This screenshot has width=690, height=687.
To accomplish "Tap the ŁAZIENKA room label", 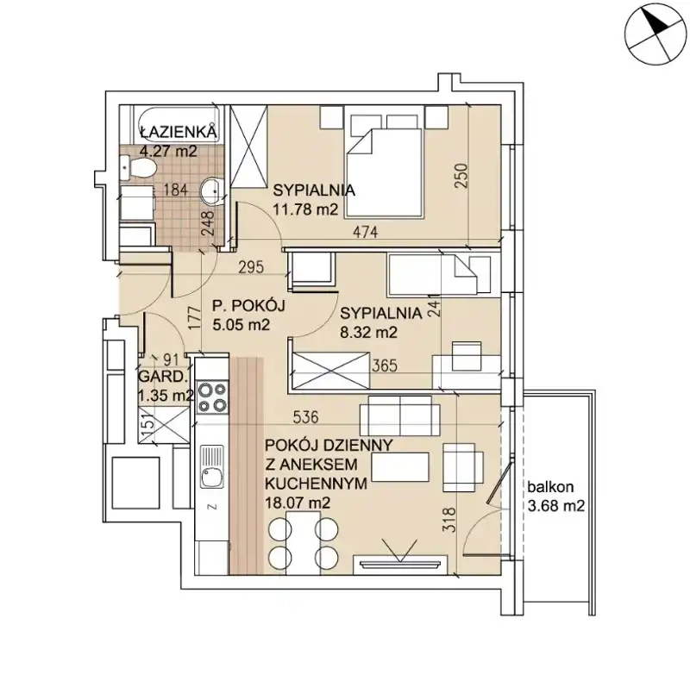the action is coord(179,132).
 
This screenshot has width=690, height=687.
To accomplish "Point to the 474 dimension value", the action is coord(366,232).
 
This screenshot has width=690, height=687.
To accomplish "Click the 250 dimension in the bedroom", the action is coord(461,176).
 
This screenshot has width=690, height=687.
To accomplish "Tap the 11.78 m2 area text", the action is coord(305,209).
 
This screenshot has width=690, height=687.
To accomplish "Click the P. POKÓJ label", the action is coord(248,305).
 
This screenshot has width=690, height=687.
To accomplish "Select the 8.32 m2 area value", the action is coord(369,332).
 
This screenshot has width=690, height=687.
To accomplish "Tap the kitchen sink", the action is coord(211,466).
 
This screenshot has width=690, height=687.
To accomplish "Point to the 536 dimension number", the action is coord(306,417).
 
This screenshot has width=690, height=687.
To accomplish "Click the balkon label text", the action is coord(550,487).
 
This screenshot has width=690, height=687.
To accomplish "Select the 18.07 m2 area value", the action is coord(298,503).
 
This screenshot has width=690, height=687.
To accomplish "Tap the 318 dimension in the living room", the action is coord(450,521).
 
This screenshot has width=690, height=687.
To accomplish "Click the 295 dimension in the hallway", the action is coord(251,266).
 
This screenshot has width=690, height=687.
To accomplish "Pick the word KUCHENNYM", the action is coord(316,484).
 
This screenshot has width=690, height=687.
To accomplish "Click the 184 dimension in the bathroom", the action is coord(176,190).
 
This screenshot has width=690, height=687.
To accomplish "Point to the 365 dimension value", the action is coord(385,365).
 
